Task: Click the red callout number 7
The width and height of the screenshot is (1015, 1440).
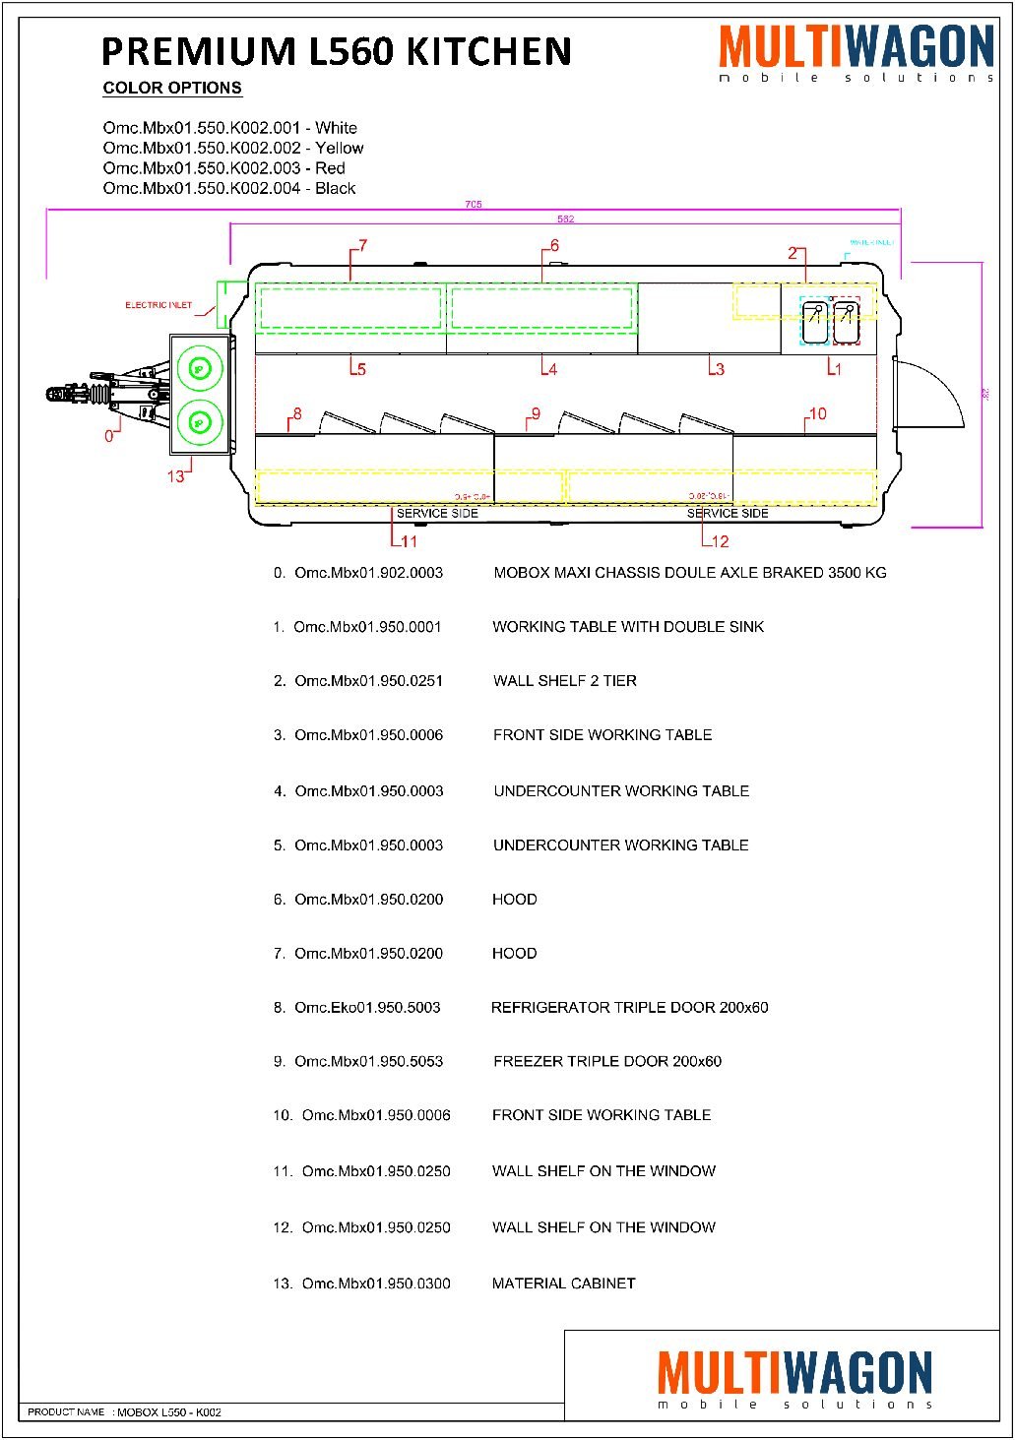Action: pos(362,245)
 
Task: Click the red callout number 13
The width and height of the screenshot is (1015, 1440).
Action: pos(175,476)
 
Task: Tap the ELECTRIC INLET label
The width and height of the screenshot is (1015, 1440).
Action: pos(159,305)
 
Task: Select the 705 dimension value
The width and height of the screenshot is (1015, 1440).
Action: pos(474,205)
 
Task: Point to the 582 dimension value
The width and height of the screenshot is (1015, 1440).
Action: pos(565,219)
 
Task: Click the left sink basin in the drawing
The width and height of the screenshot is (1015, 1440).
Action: pos(814,323)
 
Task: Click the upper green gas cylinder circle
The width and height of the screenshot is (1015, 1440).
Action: pos(200,369)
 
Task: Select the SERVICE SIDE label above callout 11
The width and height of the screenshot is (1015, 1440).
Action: pos(437,513)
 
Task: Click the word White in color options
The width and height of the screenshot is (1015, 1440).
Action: pos(336,128)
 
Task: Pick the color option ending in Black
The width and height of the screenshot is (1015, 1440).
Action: pos(229,188)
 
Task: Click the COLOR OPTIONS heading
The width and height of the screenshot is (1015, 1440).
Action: pos(172,88)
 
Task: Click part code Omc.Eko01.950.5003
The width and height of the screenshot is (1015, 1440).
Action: pos(367,1007)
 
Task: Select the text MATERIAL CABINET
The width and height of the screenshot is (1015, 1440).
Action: pos(563,1283)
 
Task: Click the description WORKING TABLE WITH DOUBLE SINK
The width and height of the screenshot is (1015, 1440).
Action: pos(628,626)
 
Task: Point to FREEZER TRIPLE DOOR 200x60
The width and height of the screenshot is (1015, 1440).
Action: pos(607,1061)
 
